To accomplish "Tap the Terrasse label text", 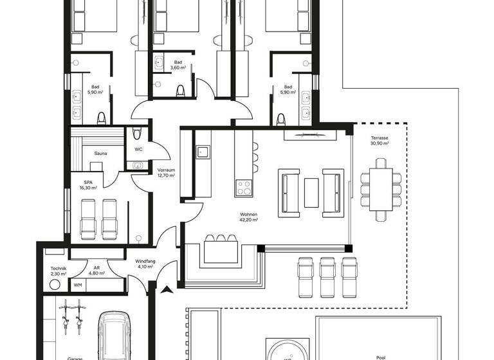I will click(380, 138).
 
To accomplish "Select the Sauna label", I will click(100, 154).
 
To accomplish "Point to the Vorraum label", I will click(166, 170).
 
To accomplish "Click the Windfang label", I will click(144, 261).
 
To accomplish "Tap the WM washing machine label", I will click(78, 285).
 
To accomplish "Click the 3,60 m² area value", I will click(178, 67).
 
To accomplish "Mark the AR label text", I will click(96, 269).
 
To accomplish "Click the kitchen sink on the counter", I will click(202, 152).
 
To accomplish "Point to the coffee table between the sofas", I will click(311, 191).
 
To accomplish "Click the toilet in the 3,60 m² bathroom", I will click(181, 89).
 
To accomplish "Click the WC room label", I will click(138, 149).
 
